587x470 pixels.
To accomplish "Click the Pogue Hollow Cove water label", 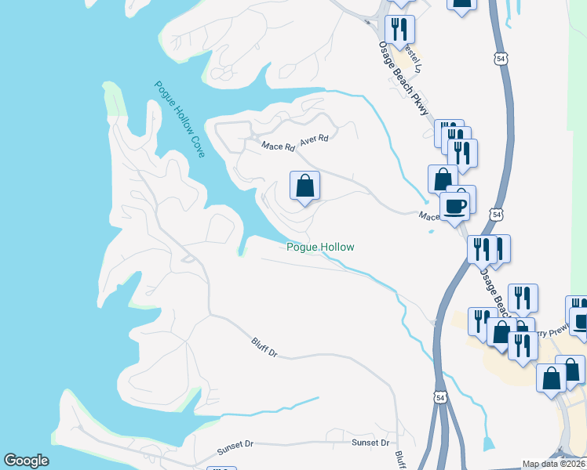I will tap(180, 119).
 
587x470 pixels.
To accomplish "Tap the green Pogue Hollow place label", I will tap(319, 247).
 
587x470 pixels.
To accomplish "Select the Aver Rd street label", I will tap(313, 138).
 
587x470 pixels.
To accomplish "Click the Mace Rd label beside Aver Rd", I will tap(278, 146).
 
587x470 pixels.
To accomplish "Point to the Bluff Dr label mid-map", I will tap(265, 347).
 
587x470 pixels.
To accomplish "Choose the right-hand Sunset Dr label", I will tap(370, 443).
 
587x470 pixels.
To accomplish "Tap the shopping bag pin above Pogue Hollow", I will tap(304, 186).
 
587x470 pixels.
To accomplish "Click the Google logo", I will tap(27, 460).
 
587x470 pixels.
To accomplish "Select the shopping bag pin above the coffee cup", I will tap(443, 179).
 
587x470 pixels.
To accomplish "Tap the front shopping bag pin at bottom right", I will tap(552, 377).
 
